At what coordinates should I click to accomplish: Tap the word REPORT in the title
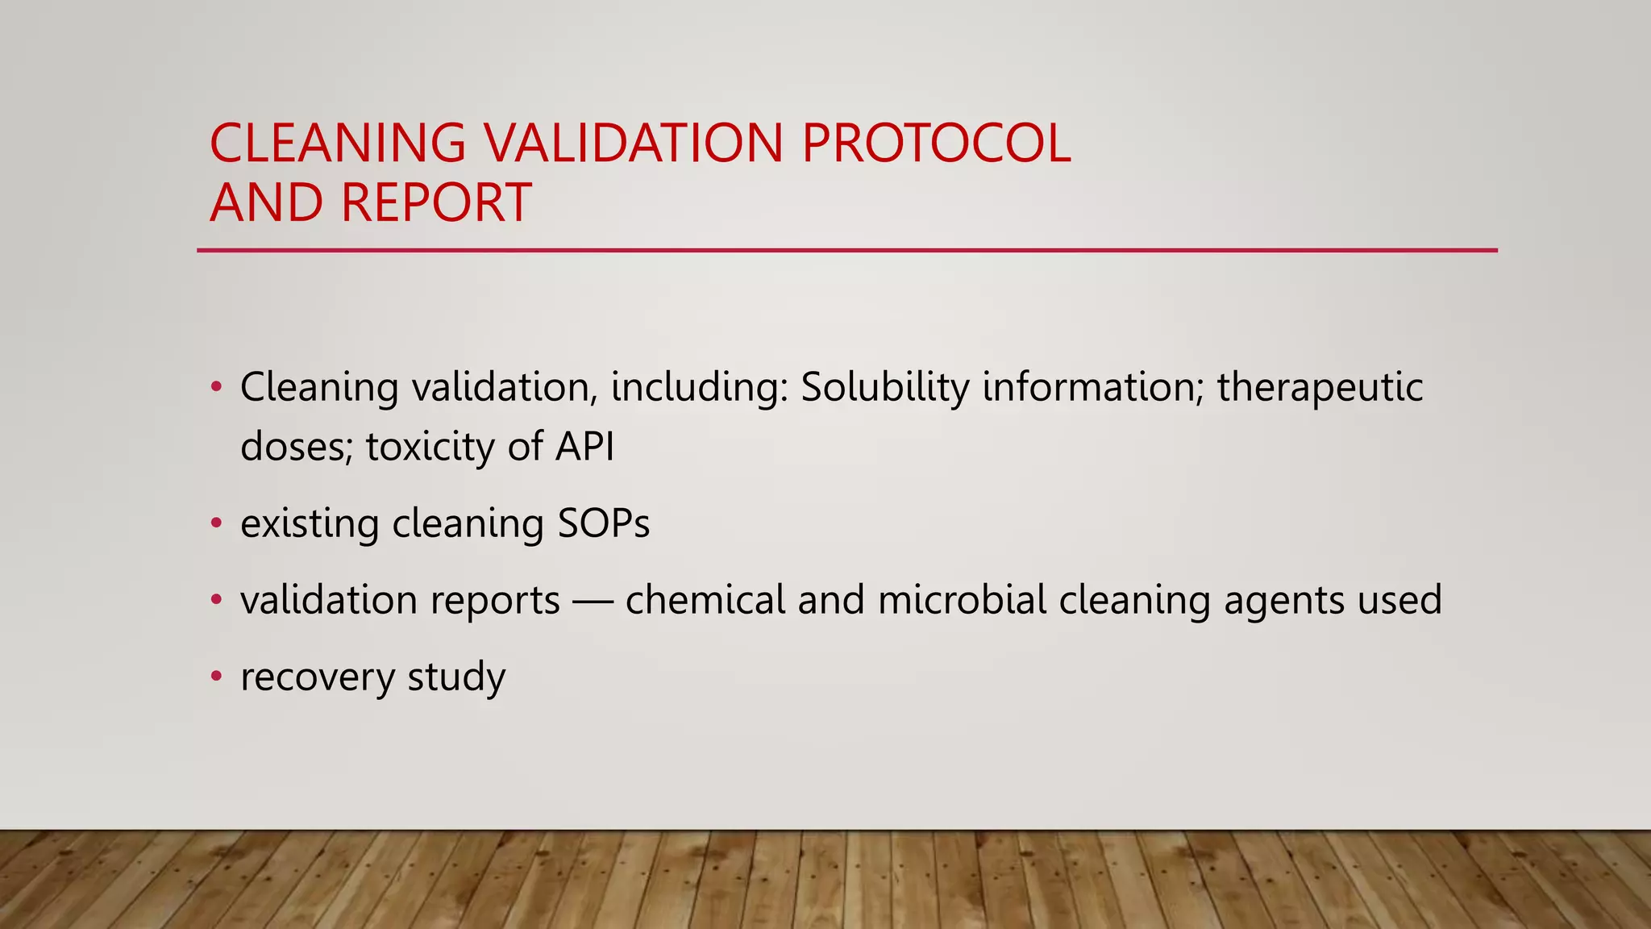pos(435,202)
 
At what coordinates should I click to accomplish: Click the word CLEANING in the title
pos(337,144)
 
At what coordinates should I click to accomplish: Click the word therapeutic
pos(1320,389)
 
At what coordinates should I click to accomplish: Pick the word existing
pos(310,525)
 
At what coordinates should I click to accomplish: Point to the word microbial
pos(961,600)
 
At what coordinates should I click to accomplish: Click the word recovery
pos(317,677)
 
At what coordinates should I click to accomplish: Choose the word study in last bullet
pos(456,677)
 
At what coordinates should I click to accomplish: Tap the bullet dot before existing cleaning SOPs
pos(215,523)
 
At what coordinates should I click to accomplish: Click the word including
pos(698,389)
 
